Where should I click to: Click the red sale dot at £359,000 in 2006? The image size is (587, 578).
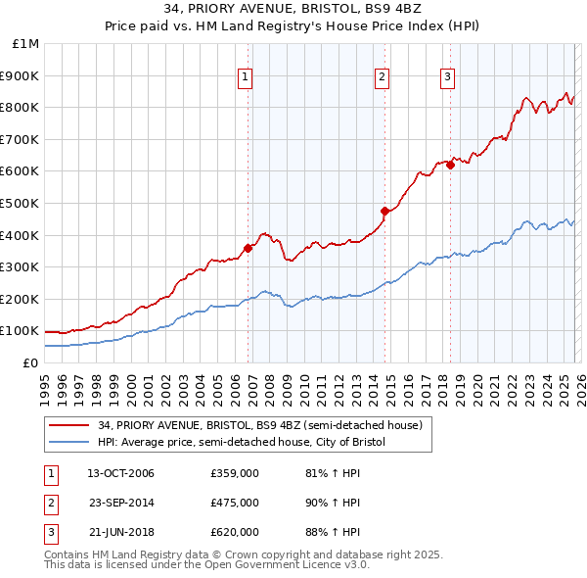point(248,248)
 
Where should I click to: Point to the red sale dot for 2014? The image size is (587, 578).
point(385,211)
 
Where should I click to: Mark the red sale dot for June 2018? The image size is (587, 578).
point(451,165)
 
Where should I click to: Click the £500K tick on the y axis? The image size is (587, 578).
point(22,204)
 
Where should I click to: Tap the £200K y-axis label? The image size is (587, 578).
point(22,299)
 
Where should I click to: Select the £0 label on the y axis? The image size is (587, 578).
point(29,362)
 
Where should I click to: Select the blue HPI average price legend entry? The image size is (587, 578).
point(242,443)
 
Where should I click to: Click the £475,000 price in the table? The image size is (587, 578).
point(235,503)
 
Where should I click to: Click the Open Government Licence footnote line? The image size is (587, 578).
point(193,566)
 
